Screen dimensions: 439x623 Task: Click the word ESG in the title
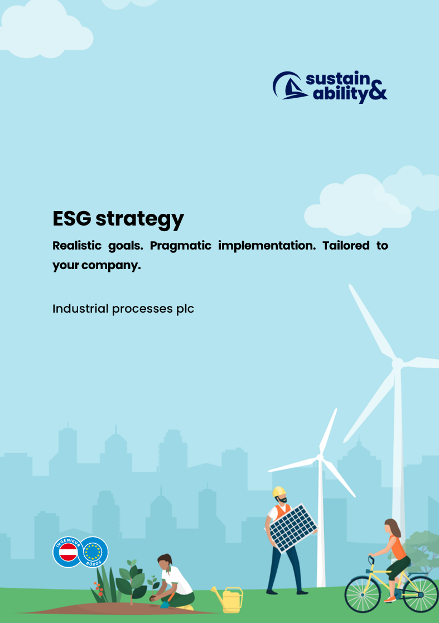[72, 218]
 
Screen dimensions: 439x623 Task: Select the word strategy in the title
[139, 220]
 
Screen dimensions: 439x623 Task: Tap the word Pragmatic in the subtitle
[181, 246]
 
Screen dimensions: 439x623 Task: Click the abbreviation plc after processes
[185, 309]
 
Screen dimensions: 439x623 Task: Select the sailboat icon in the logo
[290, 85]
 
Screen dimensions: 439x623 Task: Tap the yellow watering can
[228, 600]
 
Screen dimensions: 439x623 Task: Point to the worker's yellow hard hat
[279, 491]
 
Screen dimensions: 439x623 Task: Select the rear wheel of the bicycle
[421, 594]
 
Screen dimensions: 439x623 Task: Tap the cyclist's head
[390, 526]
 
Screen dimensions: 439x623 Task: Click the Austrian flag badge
[68, 552]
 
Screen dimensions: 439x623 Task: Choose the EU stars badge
[93, 552]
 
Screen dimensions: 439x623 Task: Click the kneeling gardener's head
[165, 561]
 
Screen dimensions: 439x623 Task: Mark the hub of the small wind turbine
[320, 457]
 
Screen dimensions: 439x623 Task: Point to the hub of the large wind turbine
[397, 363]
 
